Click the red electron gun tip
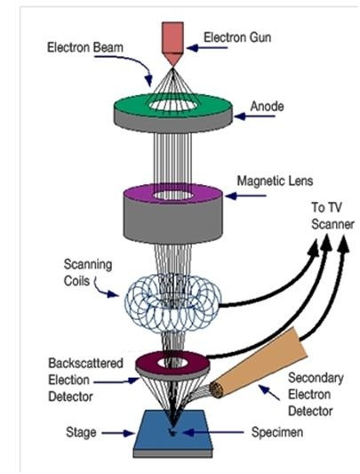tap(172, 66)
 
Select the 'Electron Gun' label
tap(237, 37)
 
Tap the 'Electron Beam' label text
tap(85, 47)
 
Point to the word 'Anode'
tap(268, 107)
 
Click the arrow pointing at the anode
tap(254, 116)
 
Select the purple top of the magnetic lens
tap(134, 194)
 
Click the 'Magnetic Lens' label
tap(275, 181)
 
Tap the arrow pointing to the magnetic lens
tap(245, 197)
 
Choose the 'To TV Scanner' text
tap(332, 216)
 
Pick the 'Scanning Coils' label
tap(87, 272)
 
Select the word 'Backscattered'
tap(86, 363)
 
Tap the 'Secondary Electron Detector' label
tap(316, 395)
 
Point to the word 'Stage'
tap(81, 432)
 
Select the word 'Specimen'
tap(277, 432)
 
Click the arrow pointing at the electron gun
tap(207, 48)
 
